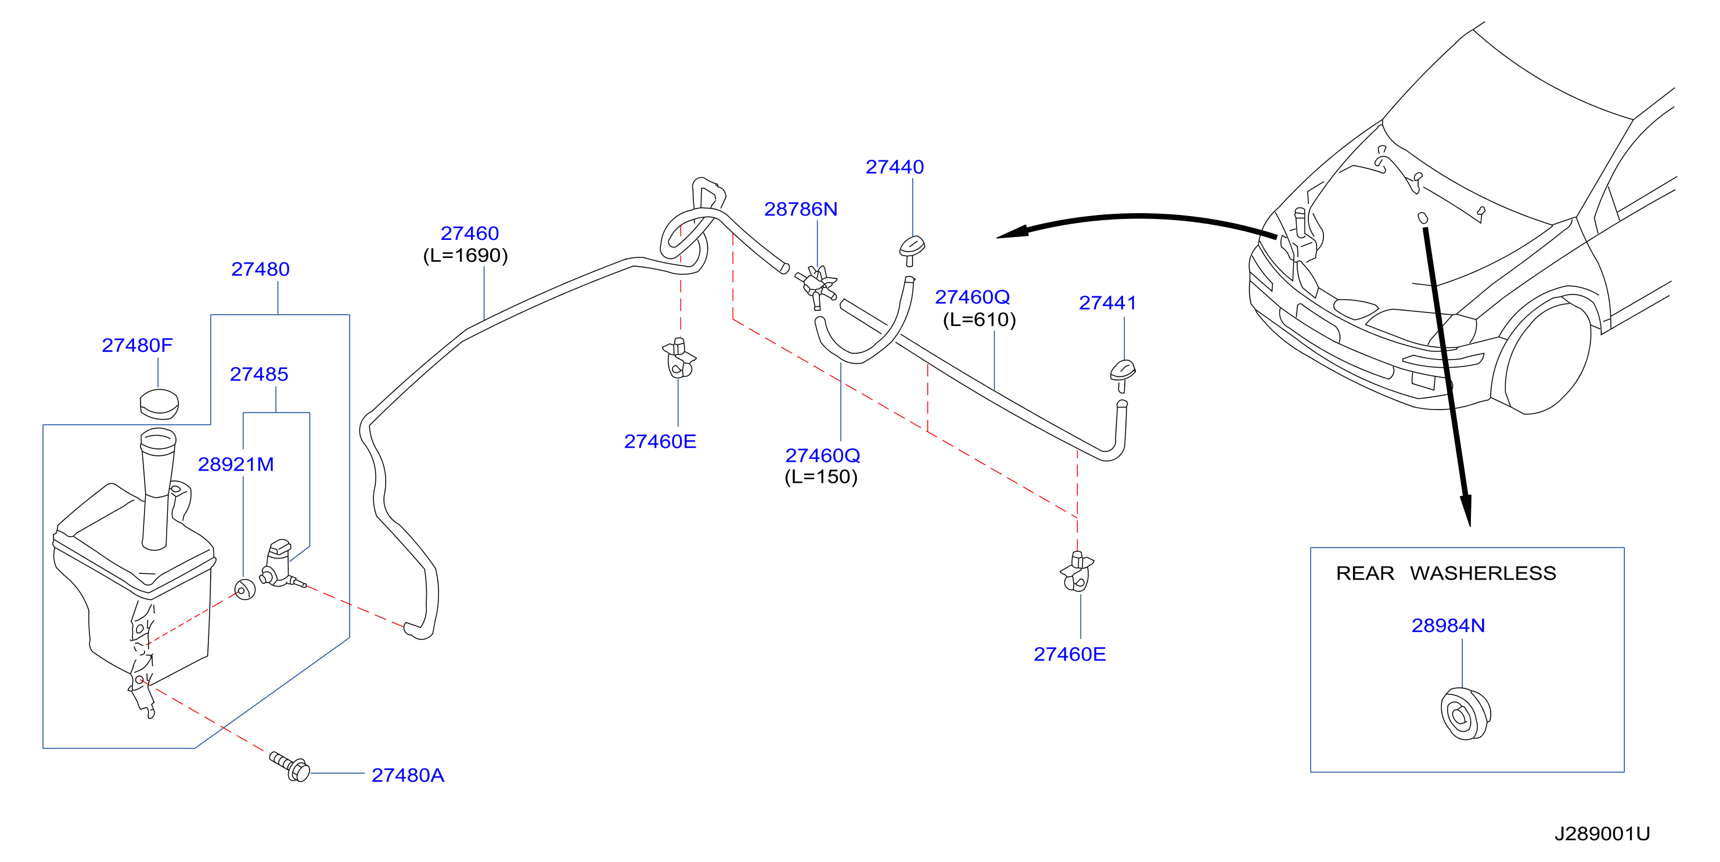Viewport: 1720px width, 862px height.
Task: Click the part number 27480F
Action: pos(137,345)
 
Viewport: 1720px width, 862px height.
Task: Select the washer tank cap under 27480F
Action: pos(159,403)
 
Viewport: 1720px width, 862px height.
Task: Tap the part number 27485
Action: pos(259,374)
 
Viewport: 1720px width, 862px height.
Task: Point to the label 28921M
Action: pos(236,464)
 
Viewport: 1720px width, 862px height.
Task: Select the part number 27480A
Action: pos(408,775)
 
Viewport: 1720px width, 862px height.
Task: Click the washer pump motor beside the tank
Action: pos(280,565)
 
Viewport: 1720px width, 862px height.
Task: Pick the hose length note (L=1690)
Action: pos(465,256)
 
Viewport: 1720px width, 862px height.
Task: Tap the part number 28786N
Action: pos(801,209)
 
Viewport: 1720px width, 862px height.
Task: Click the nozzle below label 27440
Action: pos(912,250)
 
